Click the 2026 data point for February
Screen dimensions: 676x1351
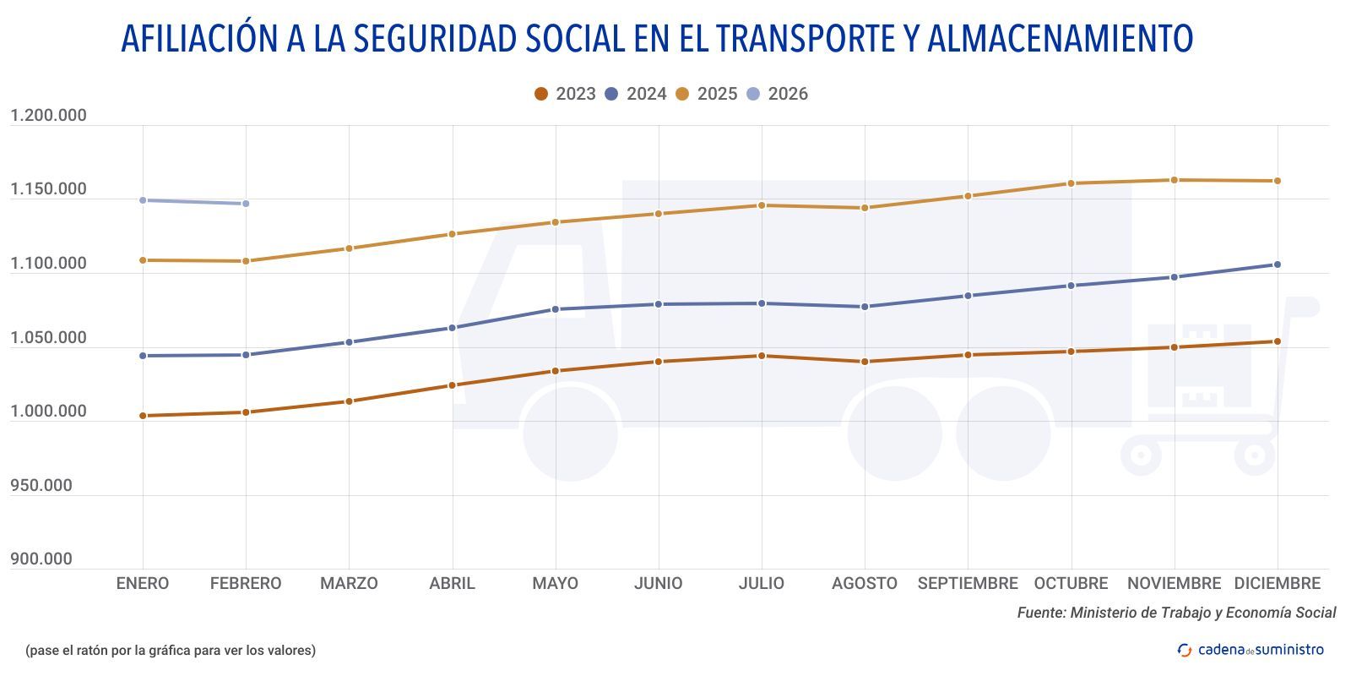coord(246,204)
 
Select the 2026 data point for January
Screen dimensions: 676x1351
coord(143,200)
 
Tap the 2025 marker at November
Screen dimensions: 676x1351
coord(1174,180)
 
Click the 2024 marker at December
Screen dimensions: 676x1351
coord(1277,264)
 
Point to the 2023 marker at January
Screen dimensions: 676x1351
coord(143,416)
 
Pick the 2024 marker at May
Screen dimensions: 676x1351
coord(555,309)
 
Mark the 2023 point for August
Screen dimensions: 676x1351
coord(864,362)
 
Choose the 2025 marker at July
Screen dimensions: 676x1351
coord(761,205)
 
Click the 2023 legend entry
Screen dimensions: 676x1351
coord(565,94)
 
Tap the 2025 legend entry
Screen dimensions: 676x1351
coord(707,94)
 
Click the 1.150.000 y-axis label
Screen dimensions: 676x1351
coord(48,189)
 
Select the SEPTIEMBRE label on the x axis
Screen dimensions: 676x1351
coord(968,583)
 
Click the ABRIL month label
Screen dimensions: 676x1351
coord(452,583)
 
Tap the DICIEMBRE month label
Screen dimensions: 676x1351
coord(1277,583)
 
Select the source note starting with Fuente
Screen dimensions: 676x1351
coord(1175,613)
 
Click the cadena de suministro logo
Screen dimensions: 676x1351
coord(1251,650)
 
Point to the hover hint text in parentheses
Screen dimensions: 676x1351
coord(170,650)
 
